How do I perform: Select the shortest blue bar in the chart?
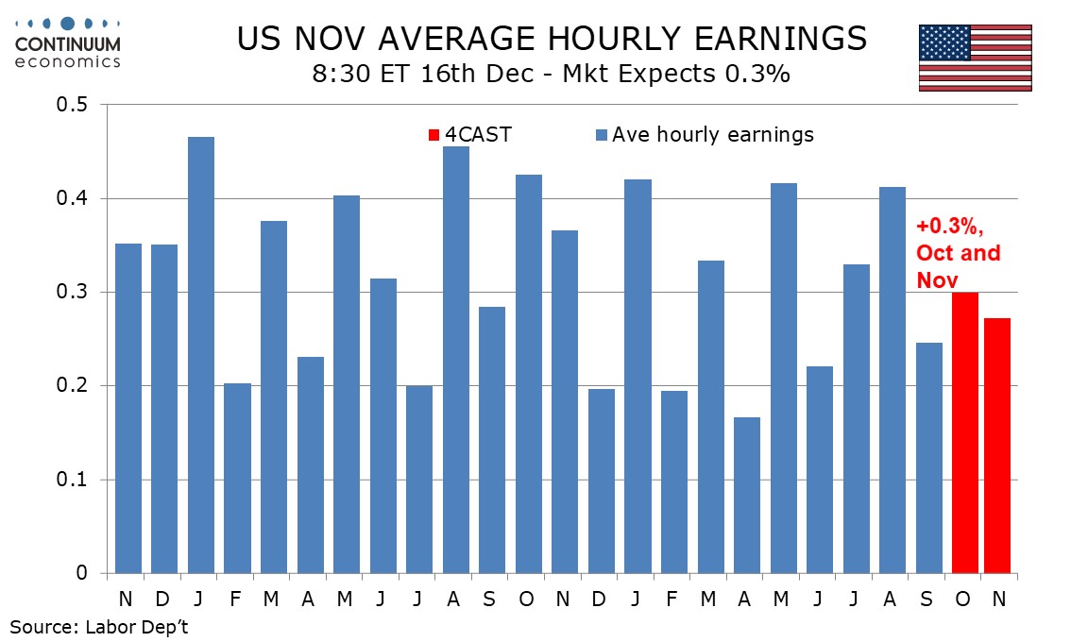coord(746,495)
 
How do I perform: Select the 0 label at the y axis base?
coord(82,573)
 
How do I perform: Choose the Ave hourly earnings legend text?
coord(712,135)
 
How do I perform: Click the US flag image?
coord(975,58)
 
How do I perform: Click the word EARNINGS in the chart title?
coord(764,39)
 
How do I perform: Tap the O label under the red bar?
coord(964,599)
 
